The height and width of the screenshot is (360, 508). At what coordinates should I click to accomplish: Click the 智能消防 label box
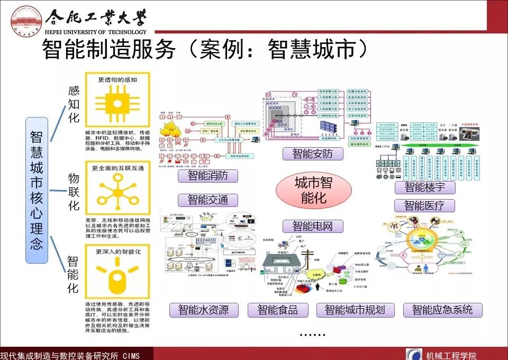(207, 176)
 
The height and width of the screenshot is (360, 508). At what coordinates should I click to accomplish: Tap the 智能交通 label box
(207, 200)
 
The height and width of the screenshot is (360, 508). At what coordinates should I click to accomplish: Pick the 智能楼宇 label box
(424, 187)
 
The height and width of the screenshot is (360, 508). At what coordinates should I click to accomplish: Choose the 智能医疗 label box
(424, 205)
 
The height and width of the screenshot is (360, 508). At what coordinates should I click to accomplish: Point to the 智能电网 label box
(312, 227)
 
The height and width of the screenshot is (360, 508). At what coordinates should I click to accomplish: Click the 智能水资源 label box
(203, 310)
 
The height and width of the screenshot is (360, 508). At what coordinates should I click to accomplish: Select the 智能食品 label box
(277, 310)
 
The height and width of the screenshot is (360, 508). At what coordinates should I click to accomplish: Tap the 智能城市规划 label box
(355, 310)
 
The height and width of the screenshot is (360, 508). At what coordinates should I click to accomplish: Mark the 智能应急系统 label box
(442, 310)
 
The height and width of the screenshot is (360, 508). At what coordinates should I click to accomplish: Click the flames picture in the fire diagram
(174, 134)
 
